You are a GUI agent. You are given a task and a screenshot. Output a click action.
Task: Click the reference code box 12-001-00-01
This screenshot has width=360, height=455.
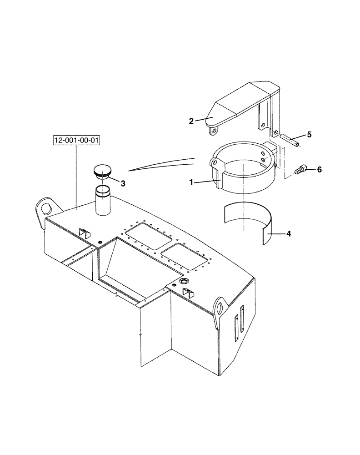tap(76, 141)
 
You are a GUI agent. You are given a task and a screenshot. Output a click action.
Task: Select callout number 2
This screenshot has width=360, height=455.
tap(192, 121)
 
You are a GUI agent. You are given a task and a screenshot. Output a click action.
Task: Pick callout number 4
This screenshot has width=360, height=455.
tap(288, 234)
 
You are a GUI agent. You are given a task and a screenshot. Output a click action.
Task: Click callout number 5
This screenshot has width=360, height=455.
tap(309, 134)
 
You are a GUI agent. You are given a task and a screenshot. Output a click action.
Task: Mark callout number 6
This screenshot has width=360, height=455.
tap(319, 169)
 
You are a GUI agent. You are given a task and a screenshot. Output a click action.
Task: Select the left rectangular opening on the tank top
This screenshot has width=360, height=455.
tap(148, 236)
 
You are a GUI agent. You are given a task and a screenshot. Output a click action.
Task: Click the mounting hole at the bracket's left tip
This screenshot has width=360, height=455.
tap(212, 131)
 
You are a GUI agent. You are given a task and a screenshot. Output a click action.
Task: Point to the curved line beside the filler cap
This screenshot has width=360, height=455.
tap(161, 163)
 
